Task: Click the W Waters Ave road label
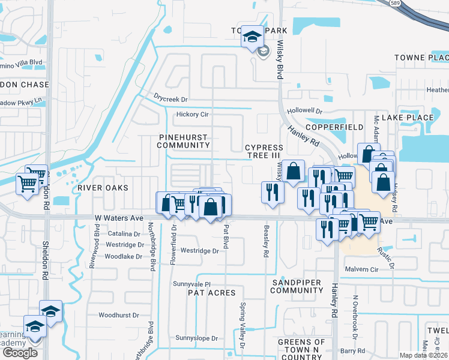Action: pyautogui.click(x=119, y=219)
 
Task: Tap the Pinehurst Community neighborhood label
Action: pyautogui.click(x=184, y=141)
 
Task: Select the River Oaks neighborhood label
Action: pyautogui.click(x=103, y=188)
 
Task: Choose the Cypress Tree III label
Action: pyautogui.click(x=264, y=151)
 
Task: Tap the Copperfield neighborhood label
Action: pyautogui.click(x=334, y=128)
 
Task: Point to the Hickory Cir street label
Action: pyautogui.click(x=192, y=115)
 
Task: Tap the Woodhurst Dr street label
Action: pyautogui.click(x=119, y=314)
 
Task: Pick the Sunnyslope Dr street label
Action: pyautogui.click(x=197, y=338)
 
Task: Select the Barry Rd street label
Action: pyautogui.click(x=352, y=351)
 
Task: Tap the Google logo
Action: pyautogui.click(x=20, y=353)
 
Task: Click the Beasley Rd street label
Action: pyautogui.click(x=265, y=241)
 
